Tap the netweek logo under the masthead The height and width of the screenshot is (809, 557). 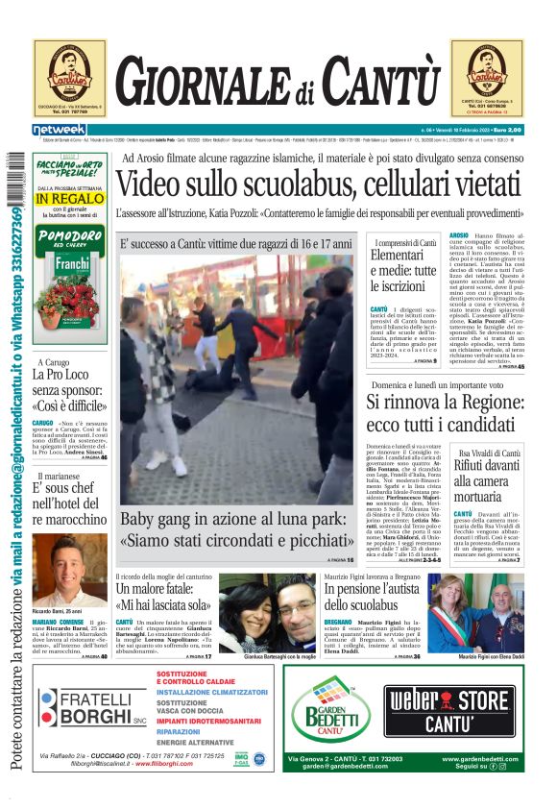[60, 130]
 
